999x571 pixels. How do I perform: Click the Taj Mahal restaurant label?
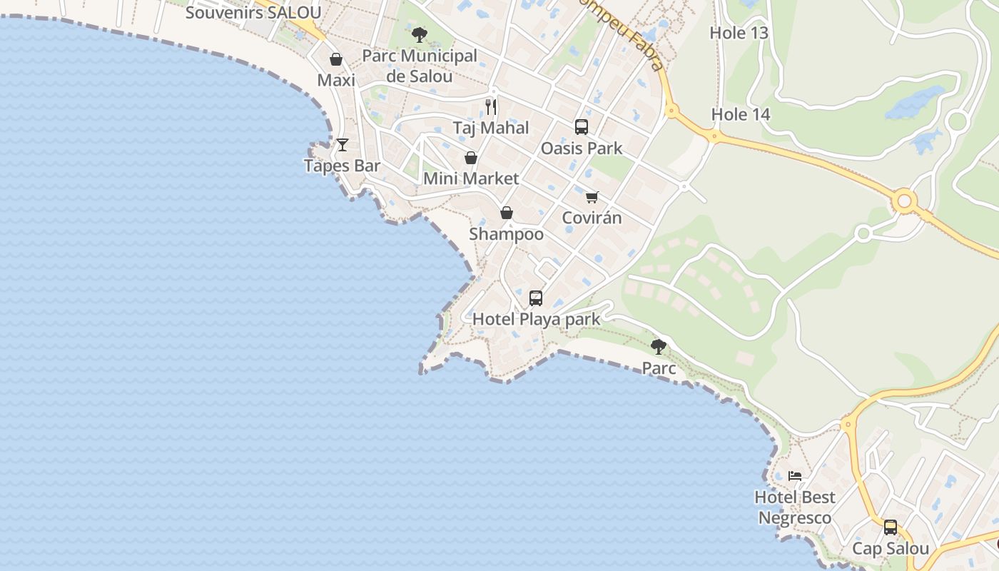[x=491, y=128]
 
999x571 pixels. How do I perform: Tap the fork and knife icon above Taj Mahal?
[x=491, y=107]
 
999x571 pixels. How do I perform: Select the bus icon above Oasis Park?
[x=582, y=127]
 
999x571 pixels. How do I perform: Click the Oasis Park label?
[x=582, y=148]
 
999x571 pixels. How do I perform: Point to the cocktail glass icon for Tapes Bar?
[x=343, y=145]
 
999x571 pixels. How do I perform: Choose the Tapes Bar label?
[x=342, y=166]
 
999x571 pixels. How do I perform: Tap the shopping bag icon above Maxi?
[x=336, y=59]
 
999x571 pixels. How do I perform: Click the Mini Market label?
[x=471, y=178]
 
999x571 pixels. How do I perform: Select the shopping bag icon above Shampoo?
[x=507, y=213]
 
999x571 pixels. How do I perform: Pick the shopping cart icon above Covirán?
[x=592, y=197]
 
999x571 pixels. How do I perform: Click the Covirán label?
[x=592, y=218]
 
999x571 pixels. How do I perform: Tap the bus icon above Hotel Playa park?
[x=536, y=298]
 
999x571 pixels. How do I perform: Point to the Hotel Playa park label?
[x=537, y=319]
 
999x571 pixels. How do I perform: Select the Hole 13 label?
[x=739, y=33]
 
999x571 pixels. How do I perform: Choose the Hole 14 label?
[x=741, y=114]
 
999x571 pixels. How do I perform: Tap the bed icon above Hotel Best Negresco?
[x=795, y=476]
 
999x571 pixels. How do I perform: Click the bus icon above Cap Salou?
[x=891, y=527]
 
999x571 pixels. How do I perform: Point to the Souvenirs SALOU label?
[x=253, y=13]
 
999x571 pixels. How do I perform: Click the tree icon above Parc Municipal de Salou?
[x=420, y=34]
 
